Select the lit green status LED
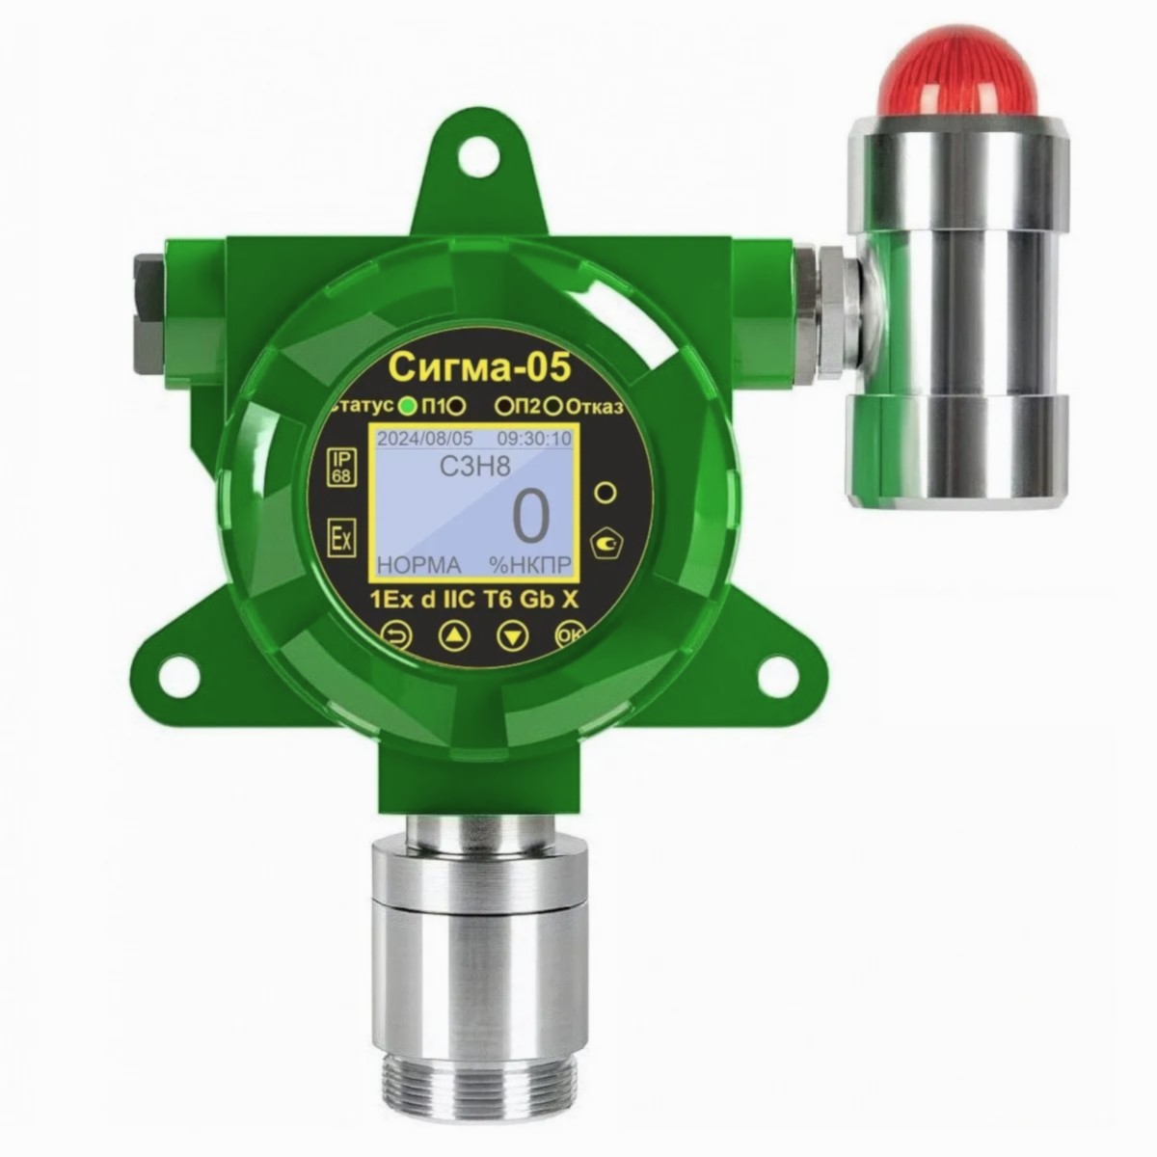coord(408,407)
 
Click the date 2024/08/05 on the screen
coord(424,439)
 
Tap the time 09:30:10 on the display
coord(534,439)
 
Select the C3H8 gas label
coord(475,467)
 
